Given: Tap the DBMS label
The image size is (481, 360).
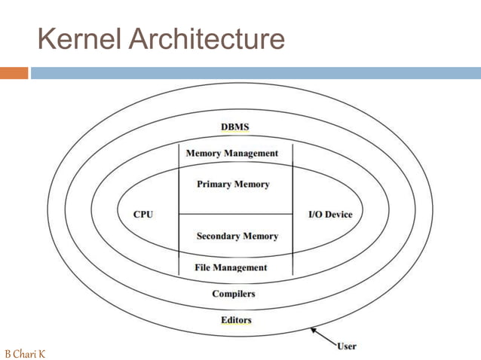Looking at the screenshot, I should [x=234, y=127].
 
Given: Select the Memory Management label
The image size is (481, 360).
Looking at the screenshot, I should [x=232, y=154].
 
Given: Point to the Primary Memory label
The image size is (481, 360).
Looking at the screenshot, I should [x=232, y=184].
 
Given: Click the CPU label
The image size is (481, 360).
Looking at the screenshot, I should [x=143, y=215].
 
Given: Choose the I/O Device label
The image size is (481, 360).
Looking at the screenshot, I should [x=330, y=215].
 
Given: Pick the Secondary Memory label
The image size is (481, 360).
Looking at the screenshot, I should [x=237, y=236].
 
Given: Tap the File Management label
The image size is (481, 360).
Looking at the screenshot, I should [x=231, y=267].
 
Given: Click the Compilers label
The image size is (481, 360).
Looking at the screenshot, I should [x=234, y=294].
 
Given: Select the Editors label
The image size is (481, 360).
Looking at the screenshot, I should [x=236, y=320].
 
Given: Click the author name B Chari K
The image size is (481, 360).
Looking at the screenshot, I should [x=25, y=352].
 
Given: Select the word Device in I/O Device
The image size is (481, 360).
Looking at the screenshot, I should [x=339, y=215].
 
